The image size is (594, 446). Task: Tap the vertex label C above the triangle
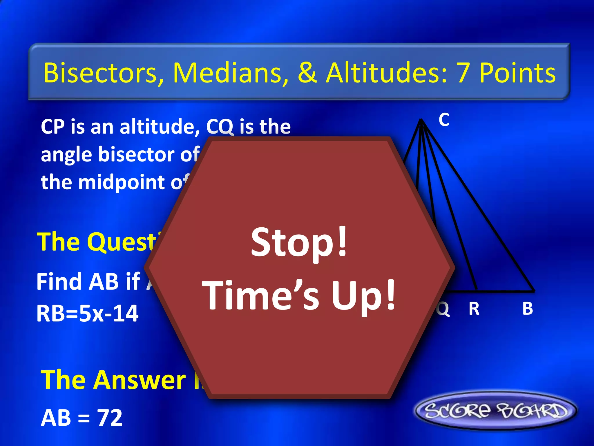444,120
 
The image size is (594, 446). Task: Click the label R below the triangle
474,309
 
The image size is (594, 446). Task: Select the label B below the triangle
528,309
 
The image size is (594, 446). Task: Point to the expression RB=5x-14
87,314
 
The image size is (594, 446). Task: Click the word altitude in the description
160,127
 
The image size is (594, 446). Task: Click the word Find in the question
59,282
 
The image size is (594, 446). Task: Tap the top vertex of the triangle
421,119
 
